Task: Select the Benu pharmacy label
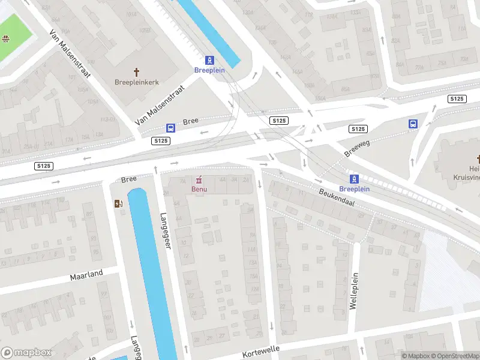(199, 190)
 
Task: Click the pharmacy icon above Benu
(199, 179)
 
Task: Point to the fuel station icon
(118, 203)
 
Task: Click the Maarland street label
(86, 275)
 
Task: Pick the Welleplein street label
(354, 292)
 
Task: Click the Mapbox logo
(26, 353)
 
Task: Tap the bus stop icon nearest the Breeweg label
(413, 124)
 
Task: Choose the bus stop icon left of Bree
(171, 128)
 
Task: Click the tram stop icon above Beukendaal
(355, 178)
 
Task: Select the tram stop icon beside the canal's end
(209, 60)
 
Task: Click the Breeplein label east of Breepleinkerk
(209, 70)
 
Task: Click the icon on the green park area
(5, 40)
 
